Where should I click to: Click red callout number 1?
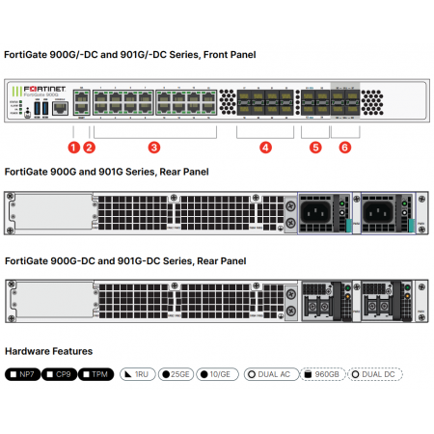(x=71, y=148)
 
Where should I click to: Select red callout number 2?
(x=90, y=148)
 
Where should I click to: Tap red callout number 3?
(x=152, y=148)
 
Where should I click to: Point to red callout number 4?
(x=265, y=148)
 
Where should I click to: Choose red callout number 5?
(x=315, y=148)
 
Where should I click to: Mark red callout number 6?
(x=345, y=148)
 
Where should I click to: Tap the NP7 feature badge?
(x=24, y=373)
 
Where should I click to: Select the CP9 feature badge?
(x=61, y=373)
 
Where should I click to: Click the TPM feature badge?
(x=96, y=373)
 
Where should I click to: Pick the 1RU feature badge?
(x=137, y=373)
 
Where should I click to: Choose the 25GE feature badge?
(x=175, y=373)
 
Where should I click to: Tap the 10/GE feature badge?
(x=216, y=373)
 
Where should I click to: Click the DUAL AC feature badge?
(x=269, y=373)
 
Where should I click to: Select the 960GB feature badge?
(x=323, y=373)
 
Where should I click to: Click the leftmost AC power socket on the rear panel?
(x=318, y=211)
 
